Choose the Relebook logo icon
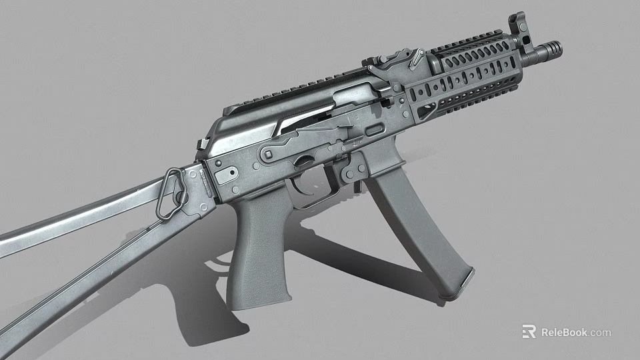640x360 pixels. coord(529,331)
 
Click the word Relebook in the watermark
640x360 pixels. coord(564,332)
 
